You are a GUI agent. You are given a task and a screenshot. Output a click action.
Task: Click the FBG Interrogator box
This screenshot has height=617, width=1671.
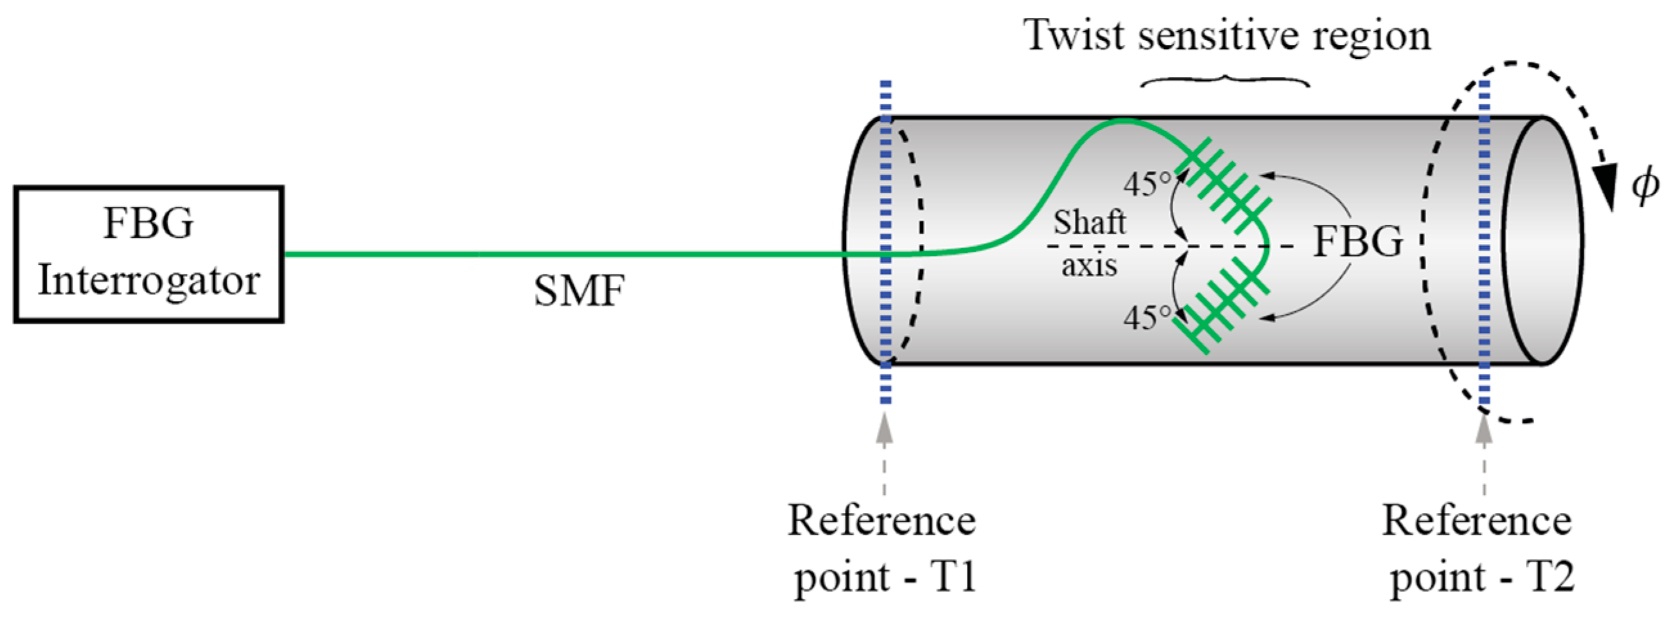(148, 254)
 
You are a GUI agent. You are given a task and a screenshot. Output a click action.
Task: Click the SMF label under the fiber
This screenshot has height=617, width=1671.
(579, 291)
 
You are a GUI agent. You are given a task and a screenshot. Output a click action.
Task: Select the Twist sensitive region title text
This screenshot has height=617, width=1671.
(1226, 35)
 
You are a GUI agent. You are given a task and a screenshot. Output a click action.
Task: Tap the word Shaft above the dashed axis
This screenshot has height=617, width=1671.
(1089, 223)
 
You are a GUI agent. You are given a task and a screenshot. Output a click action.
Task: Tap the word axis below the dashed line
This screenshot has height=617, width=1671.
(1089, 265)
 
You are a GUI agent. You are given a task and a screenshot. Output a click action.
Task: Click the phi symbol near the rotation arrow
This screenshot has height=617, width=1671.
(1645, 186)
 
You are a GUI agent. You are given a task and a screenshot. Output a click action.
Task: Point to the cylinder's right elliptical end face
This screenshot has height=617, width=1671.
(1543, 240)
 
